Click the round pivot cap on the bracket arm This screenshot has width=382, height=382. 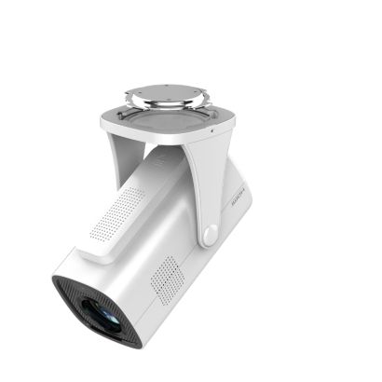coord(209,234)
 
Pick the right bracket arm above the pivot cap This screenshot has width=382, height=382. coord(205,182)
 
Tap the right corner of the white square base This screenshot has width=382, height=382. coord(228,116)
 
